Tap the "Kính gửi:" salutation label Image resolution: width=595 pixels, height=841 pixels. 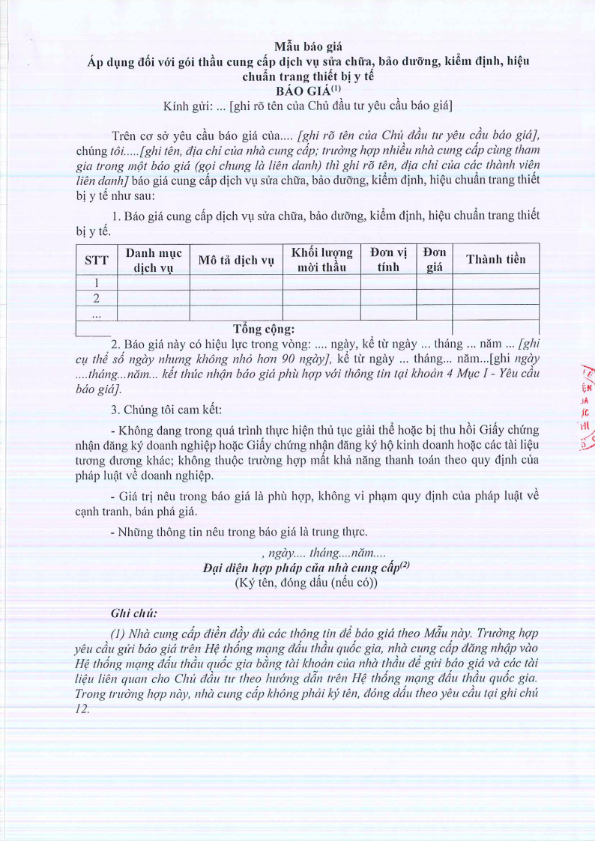coord(187,106)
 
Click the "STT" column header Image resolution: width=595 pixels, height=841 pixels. coord(97,259)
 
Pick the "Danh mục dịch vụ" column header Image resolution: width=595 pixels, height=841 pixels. coord(154,259)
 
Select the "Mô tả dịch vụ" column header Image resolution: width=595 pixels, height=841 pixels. coord(236,260)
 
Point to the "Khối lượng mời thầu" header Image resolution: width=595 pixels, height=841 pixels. coord(321,259)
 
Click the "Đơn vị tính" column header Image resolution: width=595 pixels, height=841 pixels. coord(388,259)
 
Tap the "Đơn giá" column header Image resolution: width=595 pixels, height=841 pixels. coord(434,259)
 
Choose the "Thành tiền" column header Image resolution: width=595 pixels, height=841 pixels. coord(495,259)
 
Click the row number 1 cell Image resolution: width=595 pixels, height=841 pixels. coord(97,282)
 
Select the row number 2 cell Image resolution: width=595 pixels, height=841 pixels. coord(97,298)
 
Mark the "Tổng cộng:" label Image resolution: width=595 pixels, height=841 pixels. coord(264,328)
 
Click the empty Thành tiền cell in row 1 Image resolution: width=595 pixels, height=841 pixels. coord(495,282)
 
